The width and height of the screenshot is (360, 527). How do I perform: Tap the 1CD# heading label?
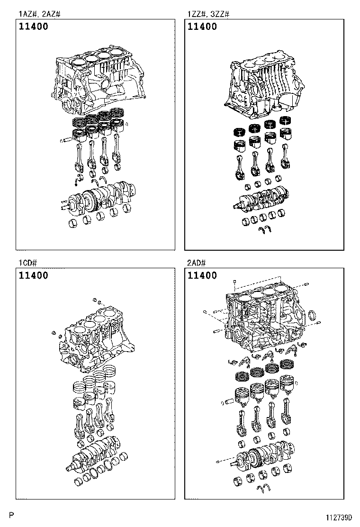click(28, 263)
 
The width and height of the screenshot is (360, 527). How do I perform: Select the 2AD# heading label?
click(197, 263)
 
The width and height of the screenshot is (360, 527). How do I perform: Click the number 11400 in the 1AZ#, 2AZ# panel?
click(34, 27)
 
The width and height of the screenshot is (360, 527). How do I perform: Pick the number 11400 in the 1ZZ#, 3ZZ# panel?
click(202, 27)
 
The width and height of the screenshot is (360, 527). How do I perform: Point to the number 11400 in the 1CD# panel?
click(34, 276)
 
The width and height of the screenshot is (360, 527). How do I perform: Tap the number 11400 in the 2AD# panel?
click(202, 276)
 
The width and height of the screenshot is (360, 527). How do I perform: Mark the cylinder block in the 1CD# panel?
click(95, 339)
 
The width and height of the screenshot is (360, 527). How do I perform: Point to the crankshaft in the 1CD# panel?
click(95, 450)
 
